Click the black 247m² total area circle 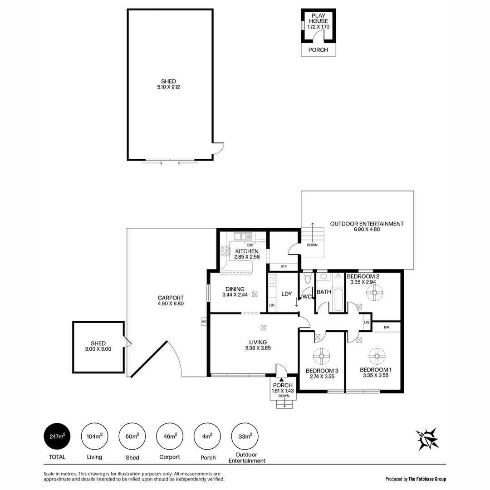point(58,436)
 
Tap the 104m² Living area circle point(95,436)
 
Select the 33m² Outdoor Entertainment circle point(245,436)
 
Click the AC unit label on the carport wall point(204,321)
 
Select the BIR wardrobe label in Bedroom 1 point(386,327)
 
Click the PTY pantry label point(284,267)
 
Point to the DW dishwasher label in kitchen point(250,245)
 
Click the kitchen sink point(243,236)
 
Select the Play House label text point(318,18)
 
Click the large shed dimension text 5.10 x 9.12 point(168,87)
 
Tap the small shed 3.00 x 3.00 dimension point(98,349)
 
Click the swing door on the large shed point(218,148)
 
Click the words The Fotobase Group point(427,479)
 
